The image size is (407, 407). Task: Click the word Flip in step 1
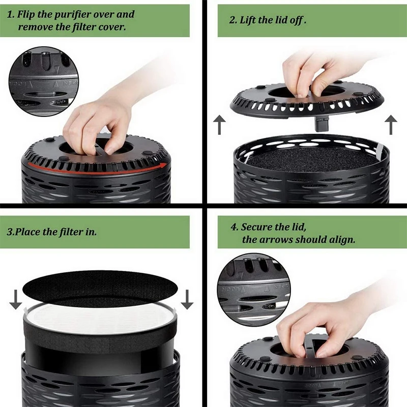[28, 14]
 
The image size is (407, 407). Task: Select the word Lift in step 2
[251, 20]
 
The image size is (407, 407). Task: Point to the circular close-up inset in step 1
[43, 81]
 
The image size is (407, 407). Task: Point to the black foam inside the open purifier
[310, 158]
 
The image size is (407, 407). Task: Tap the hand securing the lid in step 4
[321, 326]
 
